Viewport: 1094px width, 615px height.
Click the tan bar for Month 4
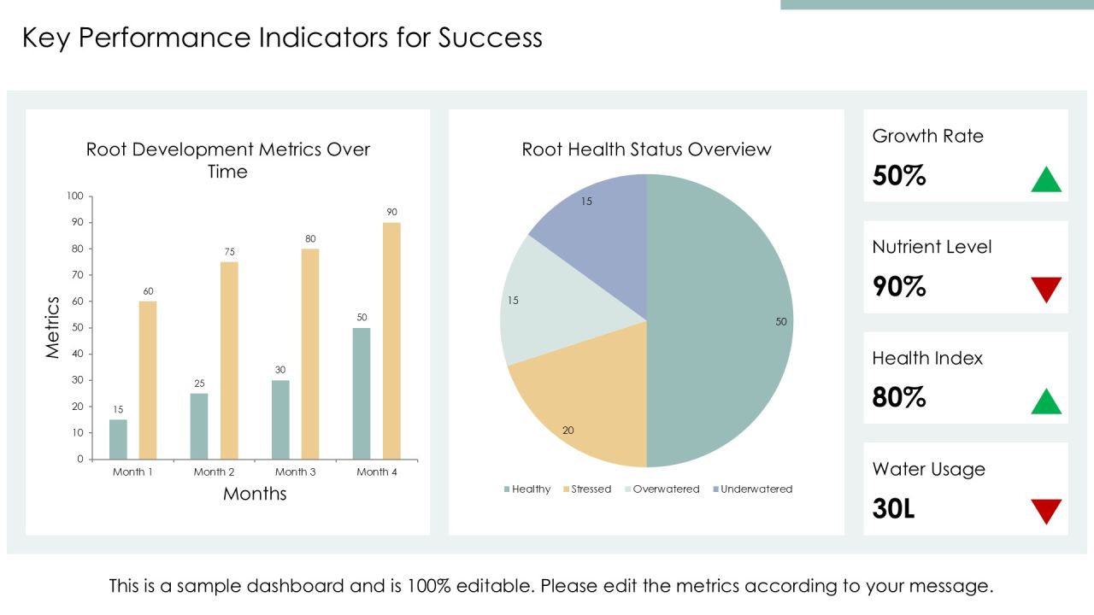pos(391,341)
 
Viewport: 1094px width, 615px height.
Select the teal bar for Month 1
pos(118,439)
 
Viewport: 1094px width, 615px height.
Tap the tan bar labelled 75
pos(229,360)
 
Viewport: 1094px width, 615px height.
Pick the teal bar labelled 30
pos(280,419)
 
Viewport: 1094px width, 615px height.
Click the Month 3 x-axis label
pos(296,472)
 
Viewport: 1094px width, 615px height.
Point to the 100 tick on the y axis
pos(75,196)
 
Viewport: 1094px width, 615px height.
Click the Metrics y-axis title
pos(52,327)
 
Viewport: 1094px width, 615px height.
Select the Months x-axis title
pos(255,494)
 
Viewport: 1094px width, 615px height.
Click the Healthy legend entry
pos(527,489)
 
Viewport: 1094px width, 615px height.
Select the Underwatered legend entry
pos(753,489)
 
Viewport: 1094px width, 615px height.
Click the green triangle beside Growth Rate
pos(1046,179)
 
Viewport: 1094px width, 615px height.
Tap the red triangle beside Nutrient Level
pos(1046,290)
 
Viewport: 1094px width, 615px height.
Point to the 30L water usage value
pos(893,508)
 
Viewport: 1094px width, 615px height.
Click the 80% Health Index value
pos(898,397)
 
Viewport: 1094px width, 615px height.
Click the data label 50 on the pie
pos(781,322)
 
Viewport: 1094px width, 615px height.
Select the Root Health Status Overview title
pos(647,149)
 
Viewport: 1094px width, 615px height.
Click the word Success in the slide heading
pos(490,38)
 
